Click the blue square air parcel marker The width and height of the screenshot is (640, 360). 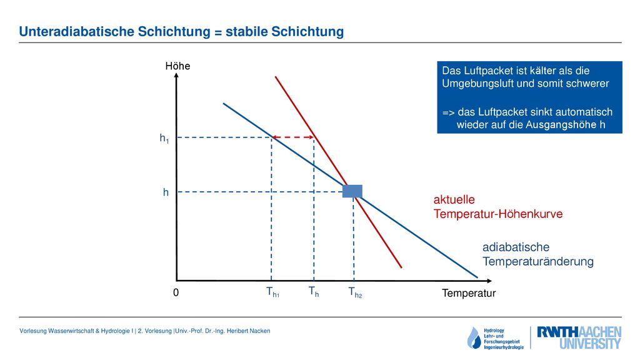pyautogui.click(x=352, y=191)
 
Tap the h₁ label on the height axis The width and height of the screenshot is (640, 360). pyautogui.click(x=164, y=138)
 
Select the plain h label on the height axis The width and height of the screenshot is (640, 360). pyautogui.click(x=166, y=192)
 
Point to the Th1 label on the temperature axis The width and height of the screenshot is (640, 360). pyautogui.click(x=272, y=292)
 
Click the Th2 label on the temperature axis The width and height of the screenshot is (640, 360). pyautogui.click(x=355, y=292)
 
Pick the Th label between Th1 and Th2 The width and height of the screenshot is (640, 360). pyautogui.click(x=314, y=292)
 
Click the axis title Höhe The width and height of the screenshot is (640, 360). pyautogui.click(x=177, y=66)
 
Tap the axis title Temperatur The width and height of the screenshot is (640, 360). pyautogui.click(x=469, y=293)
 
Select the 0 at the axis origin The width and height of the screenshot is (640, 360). pyautogui.click(x=176, y=292)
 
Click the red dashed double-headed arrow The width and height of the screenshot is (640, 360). pyautogui.click(x=293, y=137)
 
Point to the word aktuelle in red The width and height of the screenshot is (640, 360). pyautogui.click(x=454, y=199)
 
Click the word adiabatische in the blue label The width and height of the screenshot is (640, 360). pyautogui.click(x=516, y=247)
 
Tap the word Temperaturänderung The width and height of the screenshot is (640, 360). pyautogui.click(x=537, y=261)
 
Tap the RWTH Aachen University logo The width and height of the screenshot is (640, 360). pyautogui.click(x=579, y=337)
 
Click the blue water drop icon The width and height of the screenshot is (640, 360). pyautogui.click(x=474, y=338)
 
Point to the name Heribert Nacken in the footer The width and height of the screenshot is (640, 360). pyautogui.click(x=248, y=331)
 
